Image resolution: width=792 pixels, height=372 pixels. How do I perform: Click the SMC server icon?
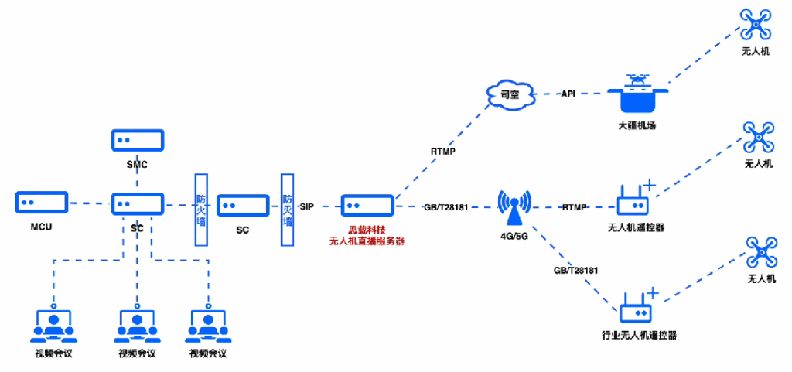coord(137,141)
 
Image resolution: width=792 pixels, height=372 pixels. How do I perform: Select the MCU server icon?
coord(42,203)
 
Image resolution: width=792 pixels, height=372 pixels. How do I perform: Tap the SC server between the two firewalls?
coord(242,206)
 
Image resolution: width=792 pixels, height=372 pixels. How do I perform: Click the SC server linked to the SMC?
coord(137,205)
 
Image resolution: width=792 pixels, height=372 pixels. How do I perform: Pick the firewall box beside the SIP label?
coord(288,209)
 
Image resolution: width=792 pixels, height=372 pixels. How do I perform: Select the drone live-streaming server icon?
coord(367,206)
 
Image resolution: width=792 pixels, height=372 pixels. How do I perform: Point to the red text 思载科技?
coord(367,230)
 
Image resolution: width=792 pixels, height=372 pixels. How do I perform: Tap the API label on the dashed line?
coord(568,94)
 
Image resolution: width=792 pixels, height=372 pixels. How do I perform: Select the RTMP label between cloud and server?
coord(443,152)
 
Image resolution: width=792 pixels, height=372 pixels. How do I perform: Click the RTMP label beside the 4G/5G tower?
coord(575,206)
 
